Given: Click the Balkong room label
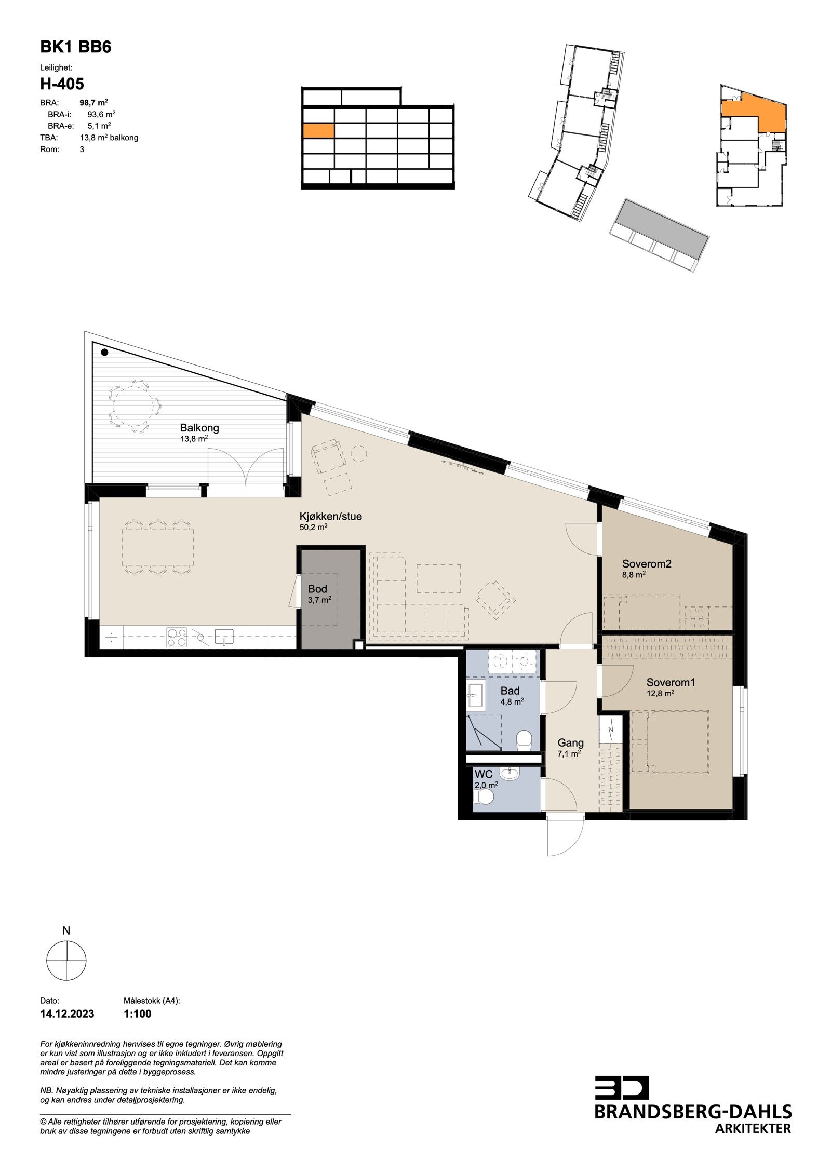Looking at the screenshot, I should coord(199,428).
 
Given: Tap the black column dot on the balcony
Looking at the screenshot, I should coord(104,353).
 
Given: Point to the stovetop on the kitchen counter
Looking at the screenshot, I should coord(176,637).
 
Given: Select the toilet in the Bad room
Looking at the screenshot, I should coord(525,739).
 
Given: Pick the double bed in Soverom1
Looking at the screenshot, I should coord(670,742).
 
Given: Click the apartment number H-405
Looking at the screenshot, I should coord(62,84).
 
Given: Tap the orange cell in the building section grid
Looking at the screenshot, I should coord(318,130).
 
